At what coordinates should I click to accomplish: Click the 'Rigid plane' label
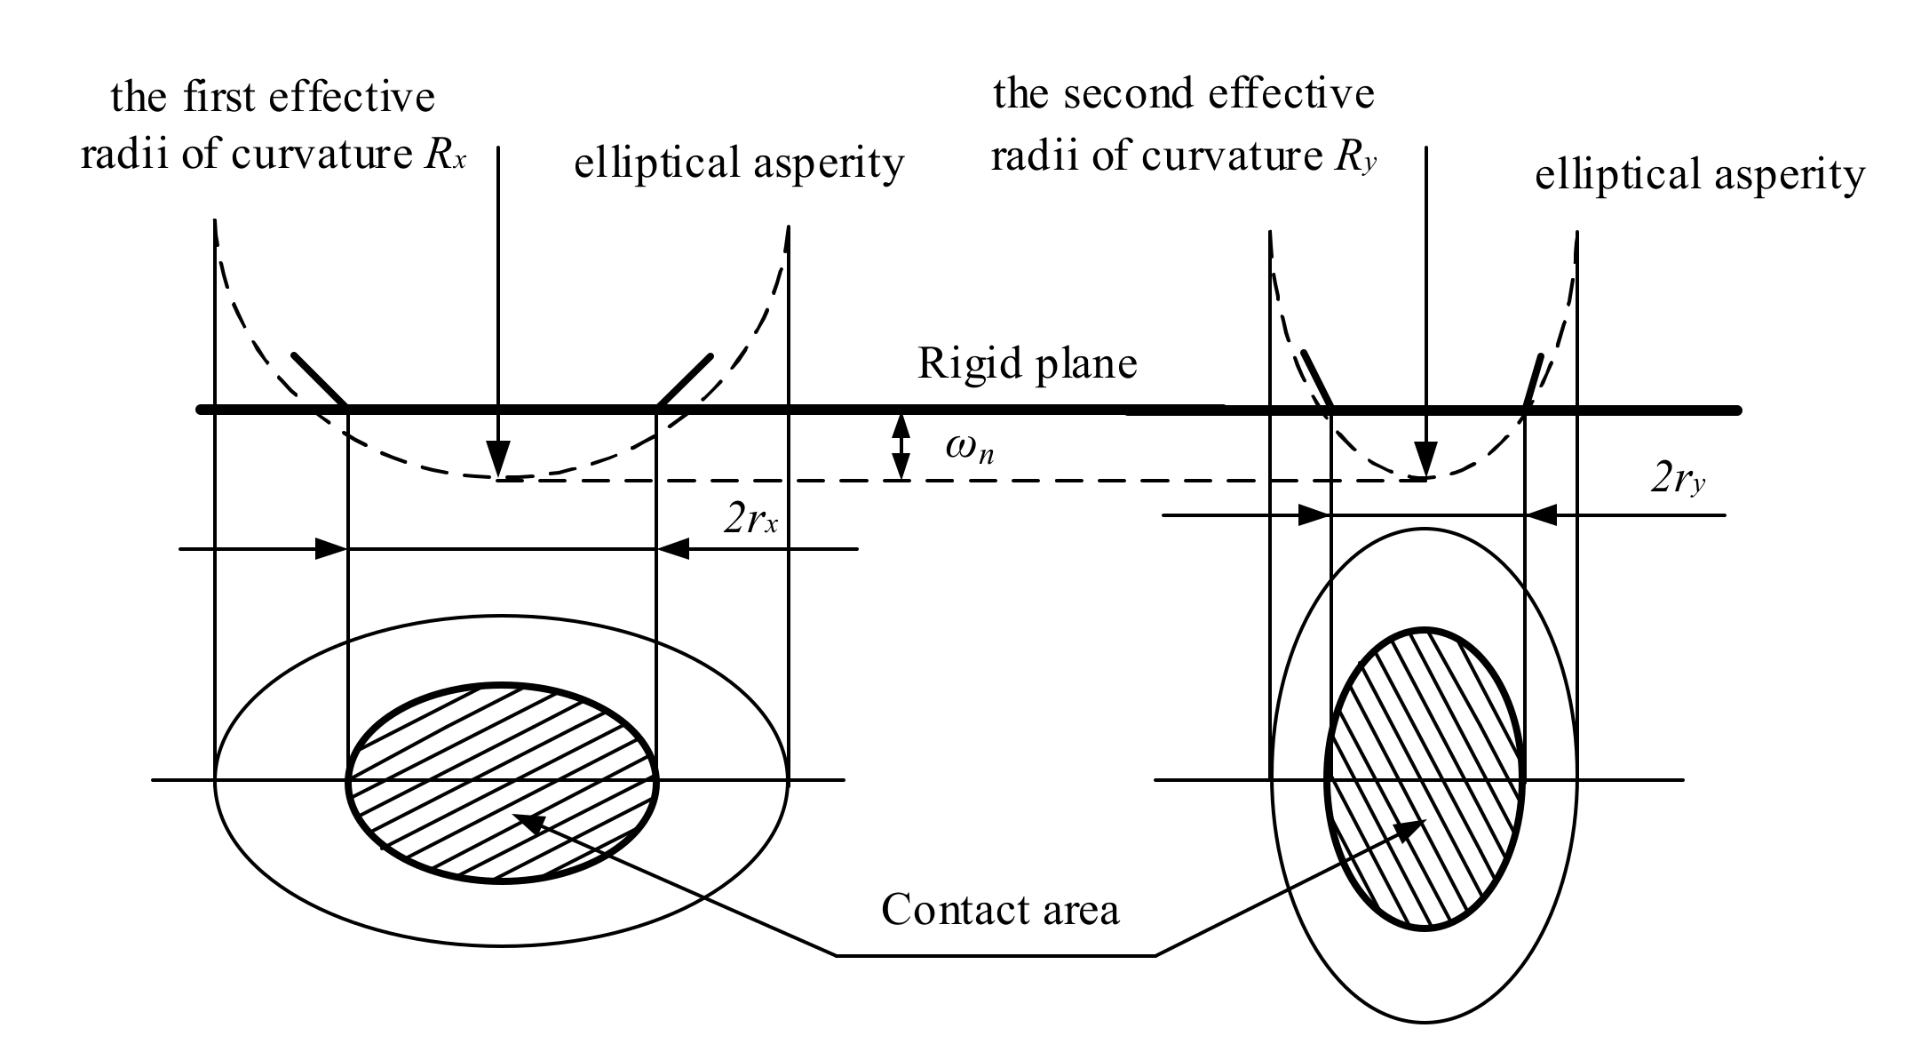point(1027,364)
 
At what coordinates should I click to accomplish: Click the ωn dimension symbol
point(969,449)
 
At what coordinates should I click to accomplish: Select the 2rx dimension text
point(750,520)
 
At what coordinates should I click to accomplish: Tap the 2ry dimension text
point(1678,482)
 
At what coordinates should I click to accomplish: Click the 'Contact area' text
point(1000,910)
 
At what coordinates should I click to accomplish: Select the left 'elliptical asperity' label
point(739,163)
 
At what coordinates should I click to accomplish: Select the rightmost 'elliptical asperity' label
point(1700,175)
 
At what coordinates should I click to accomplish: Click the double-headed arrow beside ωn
point(901,447)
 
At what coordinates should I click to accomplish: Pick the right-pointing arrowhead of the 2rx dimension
point(332,549)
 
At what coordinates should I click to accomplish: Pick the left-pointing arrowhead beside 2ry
point(1541,515)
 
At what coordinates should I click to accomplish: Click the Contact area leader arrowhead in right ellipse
point(1409,831)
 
